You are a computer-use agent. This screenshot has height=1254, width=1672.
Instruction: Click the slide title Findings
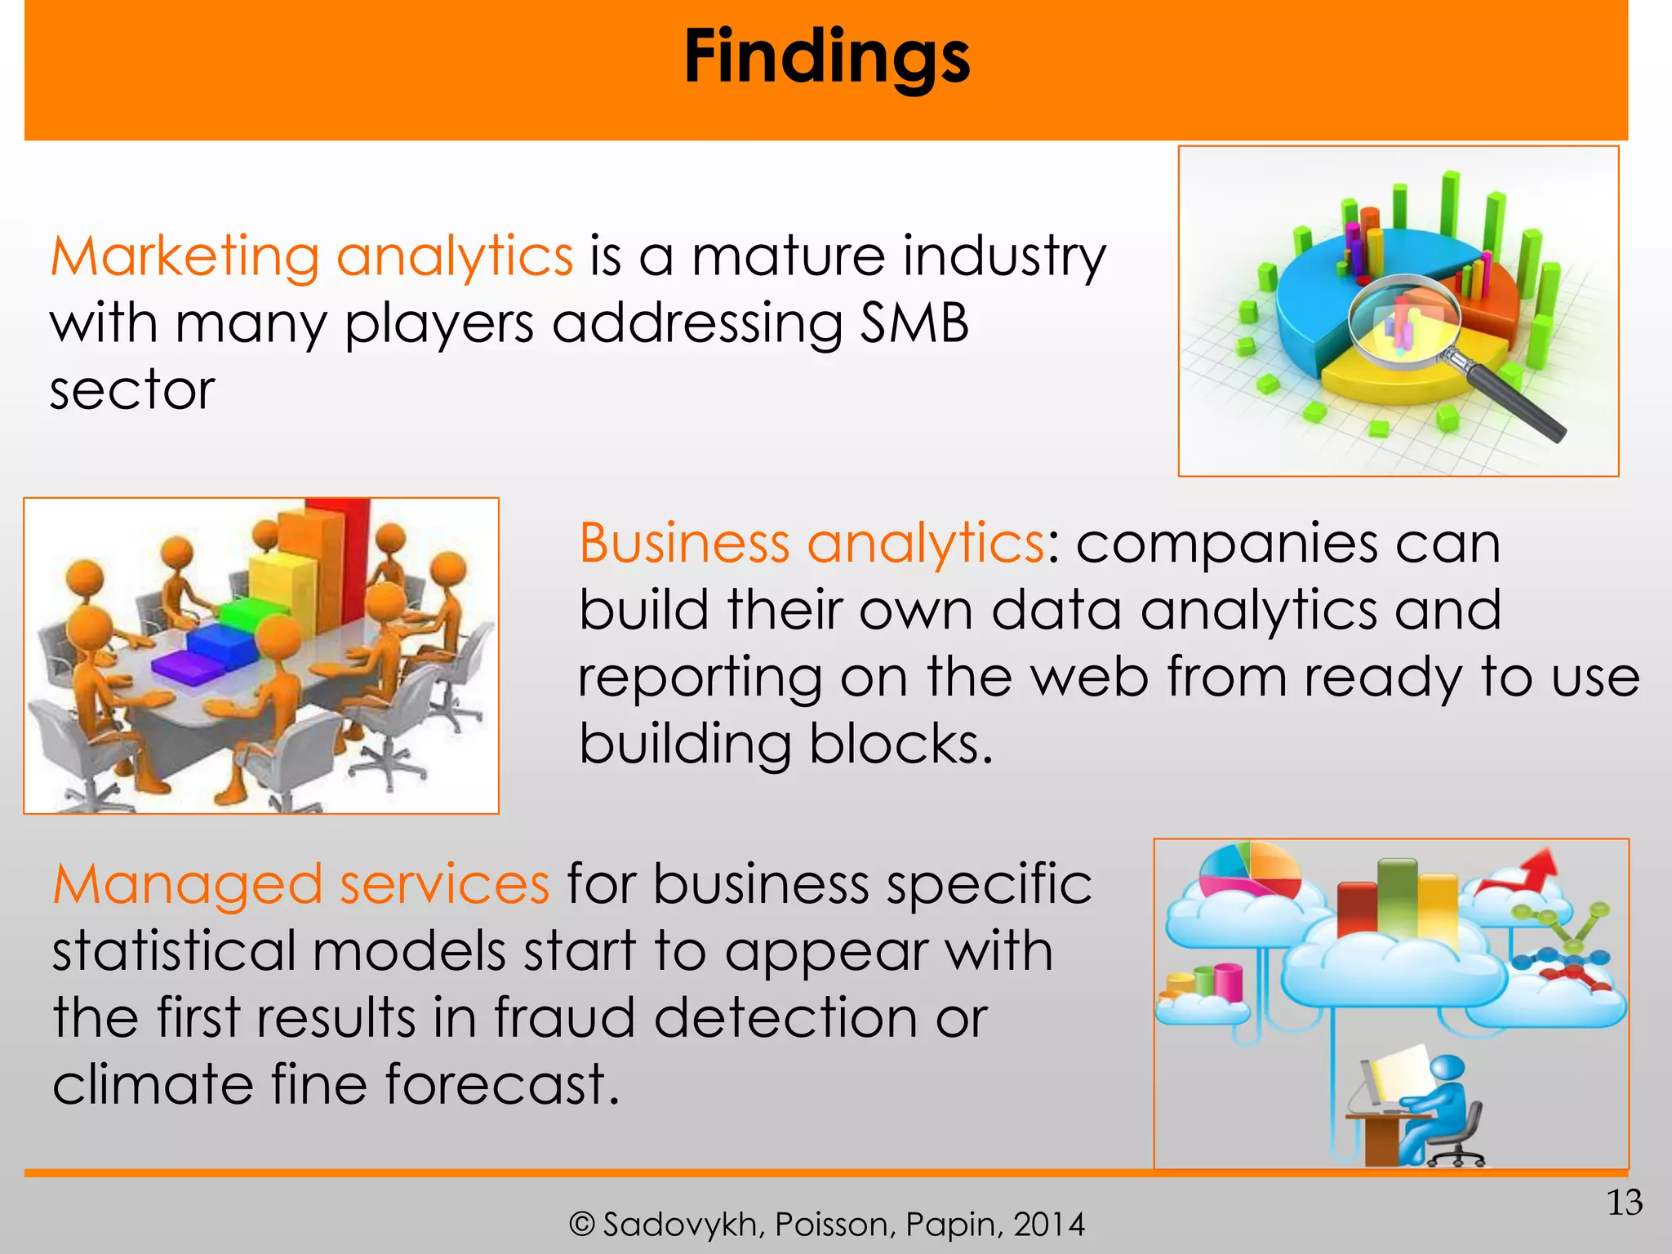[826, 57]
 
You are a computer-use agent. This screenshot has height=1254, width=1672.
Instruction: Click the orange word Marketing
[185, 256]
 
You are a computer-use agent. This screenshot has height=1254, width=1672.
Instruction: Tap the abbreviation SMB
[914, 323]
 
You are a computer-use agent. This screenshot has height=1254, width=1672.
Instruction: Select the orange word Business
[684, 543]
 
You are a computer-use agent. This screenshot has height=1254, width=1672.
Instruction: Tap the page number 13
[1624, 1203]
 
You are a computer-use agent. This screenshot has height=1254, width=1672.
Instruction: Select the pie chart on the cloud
[1249, 870]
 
